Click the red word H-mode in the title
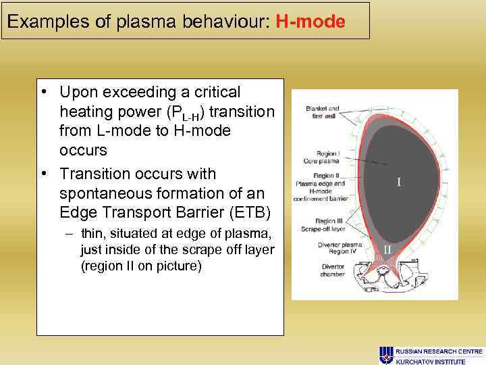click(x=310, y=22)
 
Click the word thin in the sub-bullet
click(x=92, y=234)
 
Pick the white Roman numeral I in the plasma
click(x=399, y=182)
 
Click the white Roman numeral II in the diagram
click(x=388, y=249)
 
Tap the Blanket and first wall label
click(x=323, y=112)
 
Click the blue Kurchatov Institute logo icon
click(x=386, y=355)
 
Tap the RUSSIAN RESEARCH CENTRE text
click(x=439, y=351)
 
